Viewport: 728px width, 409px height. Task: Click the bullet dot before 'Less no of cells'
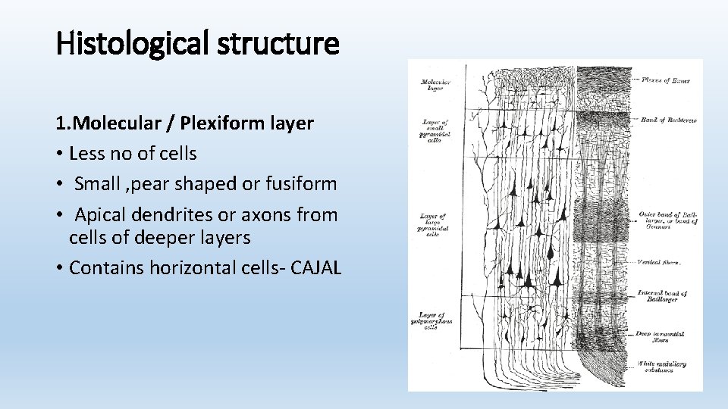coord(58,154)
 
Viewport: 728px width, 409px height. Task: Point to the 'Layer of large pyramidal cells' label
coord(435,226)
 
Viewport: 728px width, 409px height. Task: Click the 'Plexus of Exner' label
coord(666,80)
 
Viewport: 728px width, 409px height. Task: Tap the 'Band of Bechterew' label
coord(668,120)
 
